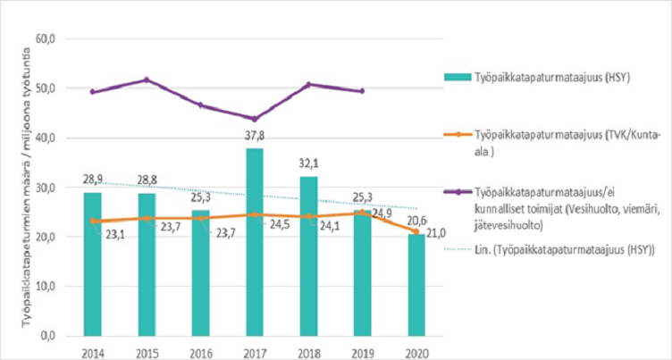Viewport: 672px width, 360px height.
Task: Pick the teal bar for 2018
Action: [x=307, y=255]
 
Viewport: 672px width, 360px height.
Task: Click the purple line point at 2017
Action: [x=254, y=119]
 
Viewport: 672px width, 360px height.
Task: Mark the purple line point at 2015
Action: [x=147, y=80]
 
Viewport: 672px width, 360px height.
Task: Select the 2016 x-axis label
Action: [x=200, y=350]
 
